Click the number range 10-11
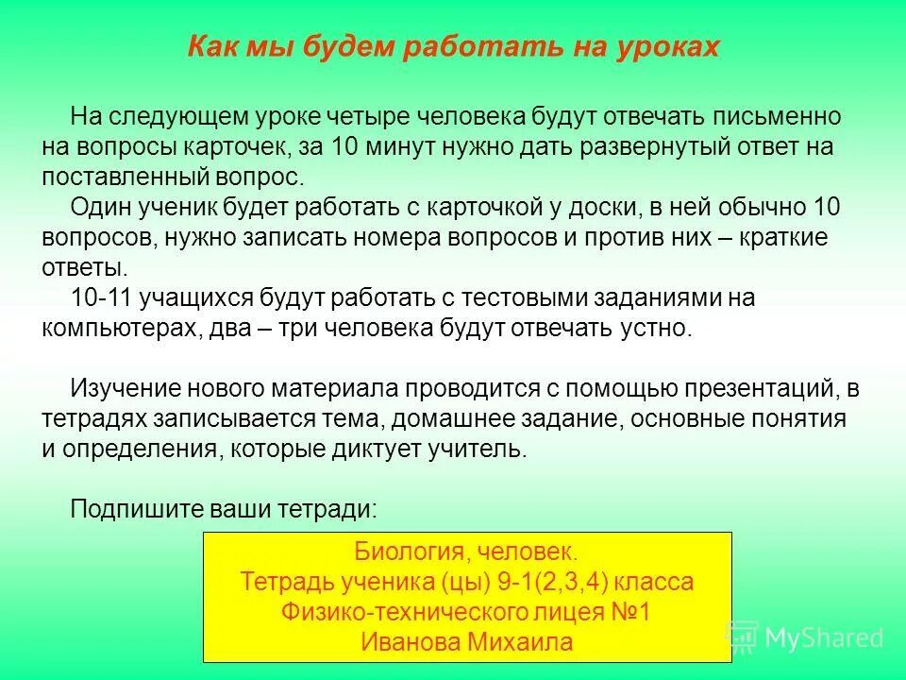(x=101, y=298)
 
